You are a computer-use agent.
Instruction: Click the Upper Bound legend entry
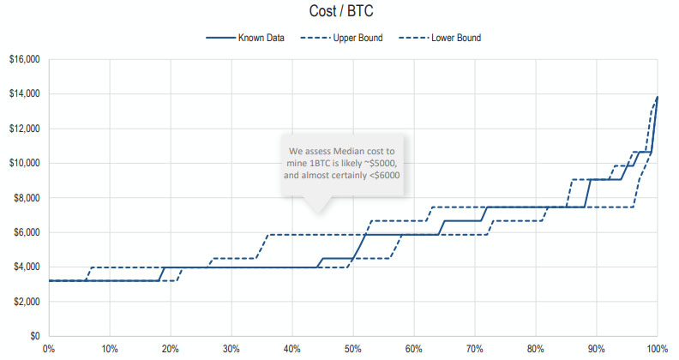point(361,38)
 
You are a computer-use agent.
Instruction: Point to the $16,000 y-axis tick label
point(25,60)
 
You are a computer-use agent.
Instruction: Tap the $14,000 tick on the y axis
point(25,94)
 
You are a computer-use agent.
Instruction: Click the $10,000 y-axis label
point(25,163)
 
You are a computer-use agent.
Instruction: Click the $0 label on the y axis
point(36,336)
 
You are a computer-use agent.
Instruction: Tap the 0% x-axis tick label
point(49,349)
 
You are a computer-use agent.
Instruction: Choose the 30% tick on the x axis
point(231,349)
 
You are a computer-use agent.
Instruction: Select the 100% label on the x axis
point(657,349)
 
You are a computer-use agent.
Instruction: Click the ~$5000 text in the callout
point(376,163)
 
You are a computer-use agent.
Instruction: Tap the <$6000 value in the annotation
point(382,176)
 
